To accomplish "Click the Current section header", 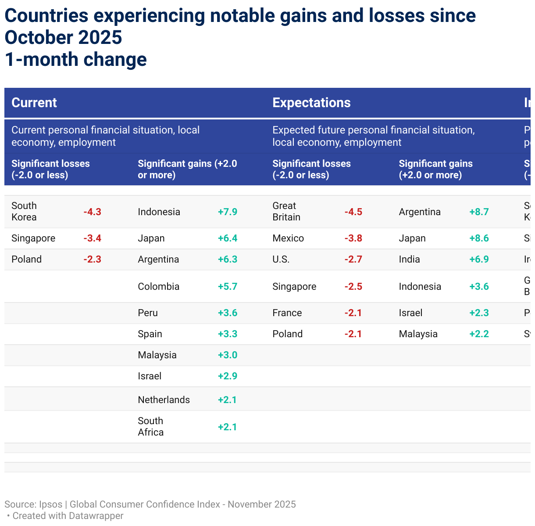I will (x=34, y=103).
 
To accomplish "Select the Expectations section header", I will (x=311, y=103).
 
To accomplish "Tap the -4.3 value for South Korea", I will (x=92, y=212).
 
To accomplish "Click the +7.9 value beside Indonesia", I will (x=228, y=212).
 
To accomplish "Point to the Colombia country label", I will (x=158, y=287).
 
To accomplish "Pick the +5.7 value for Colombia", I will (x=228, y=287).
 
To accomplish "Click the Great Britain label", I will (x=286, y=212).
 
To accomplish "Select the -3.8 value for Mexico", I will (x=353, y=238).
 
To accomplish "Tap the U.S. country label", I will (x=281, y=259).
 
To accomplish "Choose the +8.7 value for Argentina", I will (x=479, y=212).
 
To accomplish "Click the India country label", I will (x=409, y=259).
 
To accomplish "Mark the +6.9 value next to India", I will (x=479, y=259).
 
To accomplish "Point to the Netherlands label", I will (x=164, y=400).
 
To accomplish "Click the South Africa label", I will (x=150, y=427).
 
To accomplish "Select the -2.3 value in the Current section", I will (x=92, y=259).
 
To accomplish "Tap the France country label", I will (x=287, y=313).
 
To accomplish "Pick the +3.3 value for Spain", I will (x=228, y=334).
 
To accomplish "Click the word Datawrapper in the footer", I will (x=96, y=516).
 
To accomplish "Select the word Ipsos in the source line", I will (x=50, y=504).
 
